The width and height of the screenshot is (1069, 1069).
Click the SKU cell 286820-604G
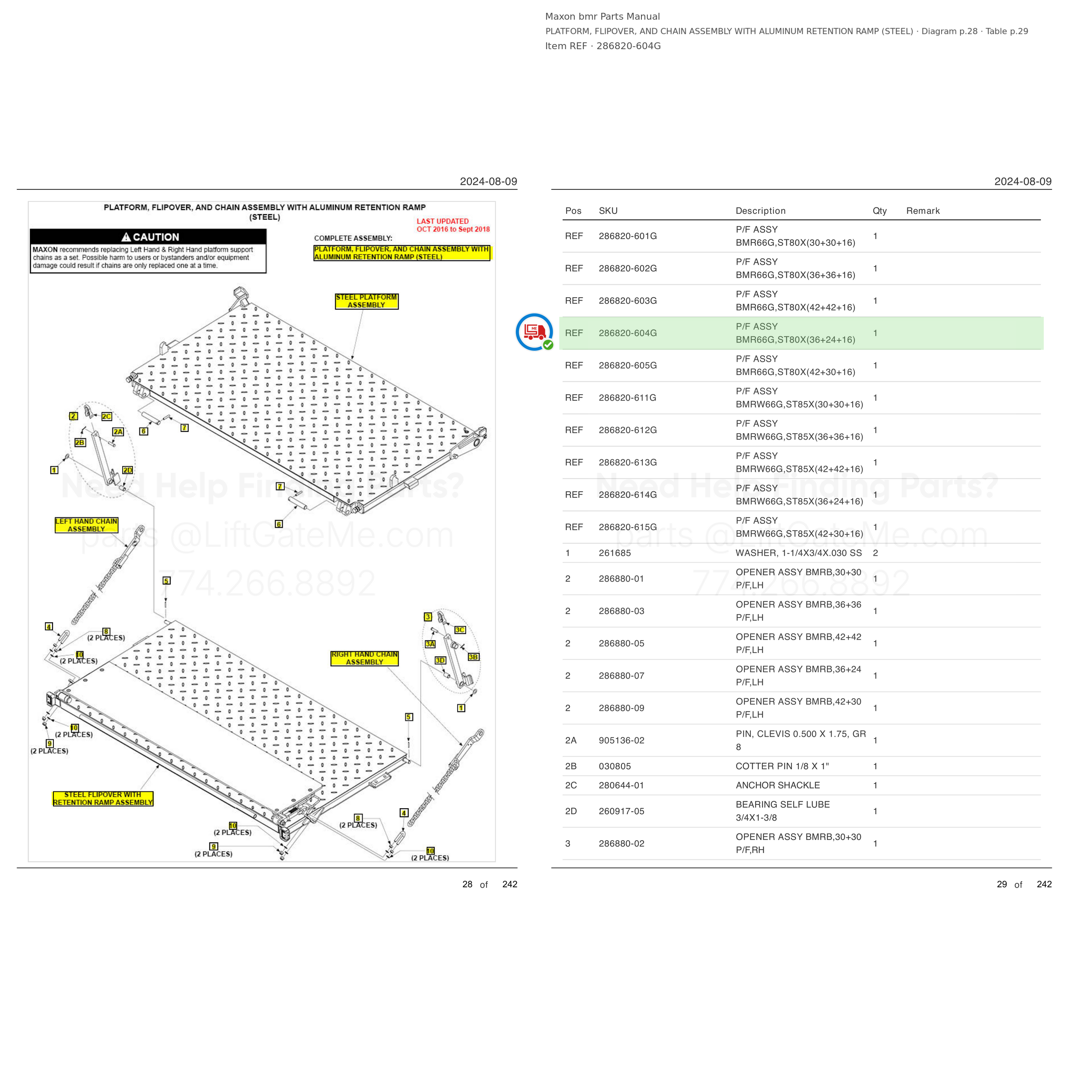[627, 333]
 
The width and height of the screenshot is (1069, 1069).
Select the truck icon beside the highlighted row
[534, 332]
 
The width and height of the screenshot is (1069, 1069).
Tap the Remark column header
[923, 211]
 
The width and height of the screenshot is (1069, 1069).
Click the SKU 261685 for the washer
[615, 553]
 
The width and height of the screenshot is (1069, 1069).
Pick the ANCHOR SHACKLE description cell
[777, 785]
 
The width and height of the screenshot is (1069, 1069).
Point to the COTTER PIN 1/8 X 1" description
[782, 766]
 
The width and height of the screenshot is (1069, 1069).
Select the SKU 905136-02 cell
[621, 740]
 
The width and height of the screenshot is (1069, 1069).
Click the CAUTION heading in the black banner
[150, 237]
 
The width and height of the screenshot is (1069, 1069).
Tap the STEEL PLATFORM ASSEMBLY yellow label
[366, 301]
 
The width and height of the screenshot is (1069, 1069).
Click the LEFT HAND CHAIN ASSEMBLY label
[86, 525]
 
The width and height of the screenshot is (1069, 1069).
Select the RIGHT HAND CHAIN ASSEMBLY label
[365, 658]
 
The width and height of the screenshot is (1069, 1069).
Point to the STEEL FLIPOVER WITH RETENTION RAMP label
[103, 798]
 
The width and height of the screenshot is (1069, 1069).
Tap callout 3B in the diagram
[474, 657]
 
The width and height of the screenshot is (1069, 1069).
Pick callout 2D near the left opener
[128, 470]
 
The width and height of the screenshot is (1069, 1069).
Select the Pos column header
[573, 211]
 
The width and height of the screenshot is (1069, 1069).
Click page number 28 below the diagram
[467, 884]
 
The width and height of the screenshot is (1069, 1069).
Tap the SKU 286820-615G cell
[627, 527]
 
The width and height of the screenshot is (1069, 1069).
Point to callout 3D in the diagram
[440, 660]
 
